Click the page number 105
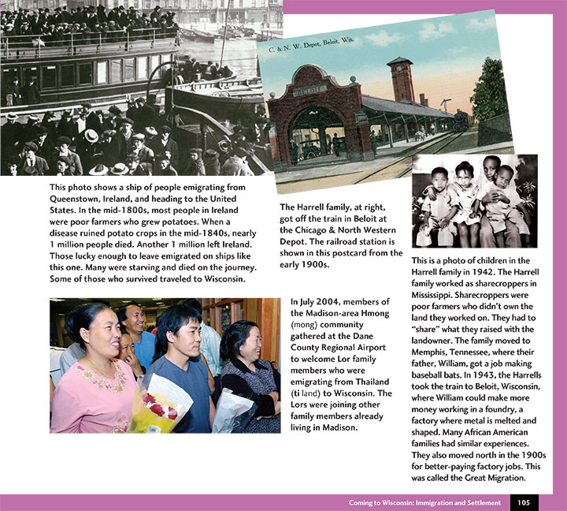(x=524, y=502)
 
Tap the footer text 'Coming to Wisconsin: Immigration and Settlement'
(x=425, y=502)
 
